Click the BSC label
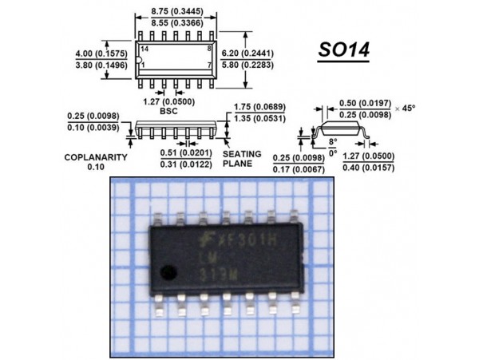coord(168,111)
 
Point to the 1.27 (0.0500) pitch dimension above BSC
coord(168,101)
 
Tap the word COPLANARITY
coord(96,157)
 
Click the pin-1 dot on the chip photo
coord(167,271)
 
